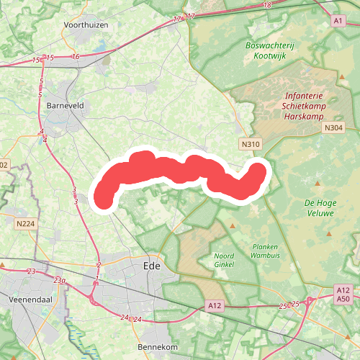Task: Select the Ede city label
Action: (x=151, y=266)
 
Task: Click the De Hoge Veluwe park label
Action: (x=320, y=208)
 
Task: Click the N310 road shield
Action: (x=251, y=144)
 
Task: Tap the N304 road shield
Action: (x=333, y=128)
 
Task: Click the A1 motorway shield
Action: (x=338, y=22)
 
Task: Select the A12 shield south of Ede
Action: (x=214, y=306)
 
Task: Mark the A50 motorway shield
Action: (x=343, y=299)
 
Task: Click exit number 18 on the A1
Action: (x=268, y=6)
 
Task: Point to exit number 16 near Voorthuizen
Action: (x=76, y=57)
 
